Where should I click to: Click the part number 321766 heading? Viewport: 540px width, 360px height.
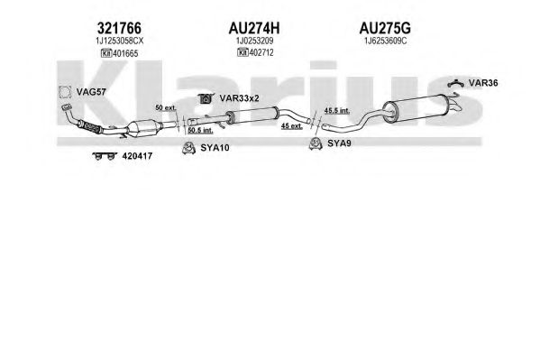119,28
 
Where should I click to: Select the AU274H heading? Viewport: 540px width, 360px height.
254,28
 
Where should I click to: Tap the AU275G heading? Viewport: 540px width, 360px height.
385,28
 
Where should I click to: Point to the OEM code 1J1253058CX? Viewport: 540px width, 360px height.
119,41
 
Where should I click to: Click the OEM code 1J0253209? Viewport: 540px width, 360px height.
254,41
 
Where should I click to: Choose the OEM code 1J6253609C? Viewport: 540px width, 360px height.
385,41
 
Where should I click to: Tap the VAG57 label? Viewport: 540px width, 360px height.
91,92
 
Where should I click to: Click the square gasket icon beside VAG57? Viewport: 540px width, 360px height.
64,92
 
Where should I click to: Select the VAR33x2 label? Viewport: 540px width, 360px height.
239,98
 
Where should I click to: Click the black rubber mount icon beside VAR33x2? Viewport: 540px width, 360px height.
206,98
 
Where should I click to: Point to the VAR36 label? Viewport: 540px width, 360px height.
483,83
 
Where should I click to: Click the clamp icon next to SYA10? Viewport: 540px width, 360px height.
188,148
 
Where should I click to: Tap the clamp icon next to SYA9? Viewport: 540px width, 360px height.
316,143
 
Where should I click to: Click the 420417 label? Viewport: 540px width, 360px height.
137,156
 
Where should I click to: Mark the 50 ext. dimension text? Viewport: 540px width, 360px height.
166,107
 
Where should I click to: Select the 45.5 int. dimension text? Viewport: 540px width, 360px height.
337,110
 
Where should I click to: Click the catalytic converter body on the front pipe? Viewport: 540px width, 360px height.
144,128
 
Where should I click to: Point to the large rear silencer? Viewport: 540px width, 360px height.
416,108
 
